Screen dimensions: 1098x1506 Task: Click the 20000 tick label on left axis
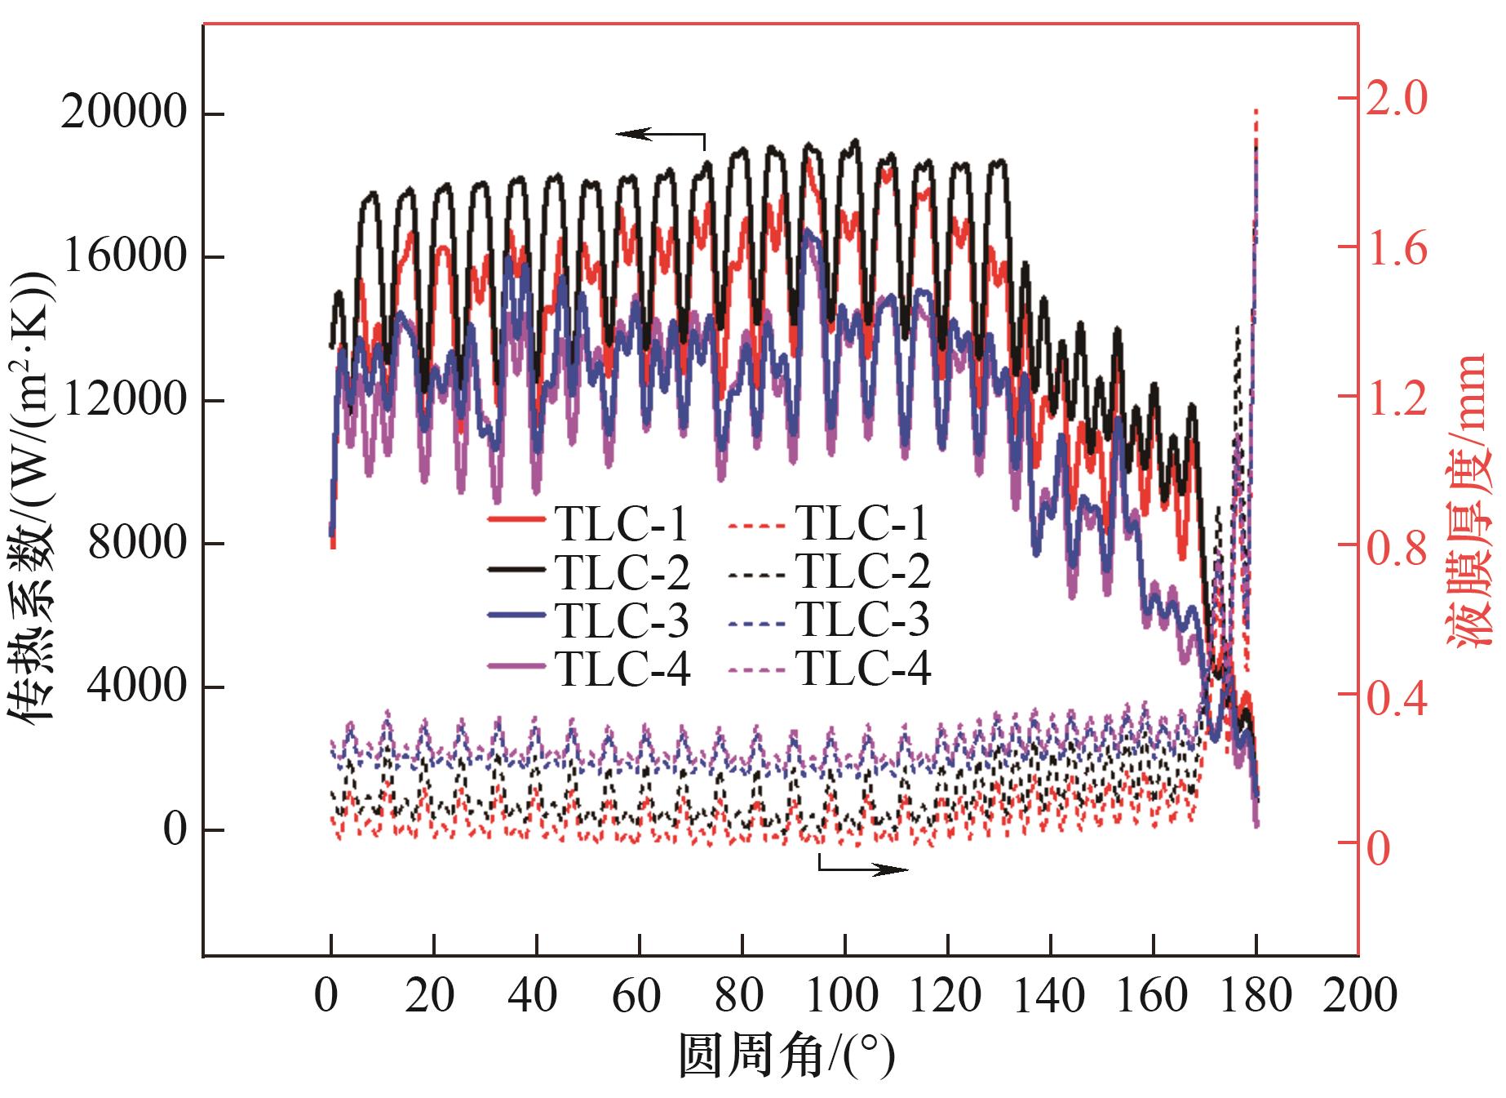124,111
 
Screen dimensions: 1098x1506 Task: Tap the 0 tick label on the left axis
175,829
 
